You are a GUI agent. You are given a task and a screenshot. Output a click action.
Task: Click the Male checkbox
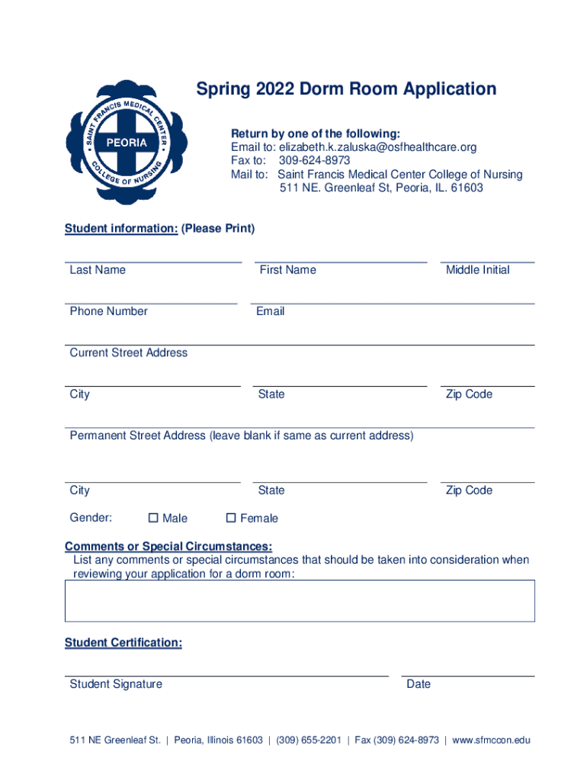(x=153, y=518)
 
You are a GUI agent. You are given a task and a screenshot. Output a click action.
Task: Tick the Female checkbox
(x=231, y=518)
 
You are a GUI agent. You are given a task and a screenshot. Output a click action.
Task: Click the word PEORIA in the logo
(x=127, y=143)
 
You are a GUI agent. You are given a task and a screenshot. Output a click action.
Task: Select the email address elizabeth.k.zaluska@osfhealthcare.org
(x=377, y=147)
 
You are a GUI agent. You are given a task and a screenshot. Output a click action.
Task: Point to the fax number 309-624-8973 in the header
(x=314, y=161)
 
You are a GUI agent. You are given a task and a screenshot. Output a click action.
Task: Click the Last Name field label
(x=98, y=270)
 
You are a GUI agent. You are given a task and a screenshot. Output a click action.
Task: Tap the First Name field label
(x=287, y=270)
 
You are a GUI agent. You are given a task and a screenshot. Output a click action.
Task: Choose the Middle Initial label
(x=477, y=270)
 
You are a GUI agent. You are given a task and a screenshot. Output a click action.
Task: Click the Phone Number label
(x=108, y=311)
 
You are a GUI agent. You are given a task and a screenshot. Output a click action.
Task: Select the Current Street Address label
(x=128, y=352)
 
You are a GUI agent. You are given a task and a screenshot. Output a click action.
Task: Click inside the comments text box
(x=300, y=600)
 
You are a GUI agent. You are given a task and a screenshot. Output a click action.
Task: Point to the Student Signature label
(x=116, y=684)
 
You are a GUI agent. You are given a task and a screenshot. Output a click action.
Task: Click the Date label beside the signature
(x=419, y=684)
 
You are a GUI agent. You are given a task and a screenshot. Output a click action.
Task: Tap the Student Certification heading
(x=123, y=643)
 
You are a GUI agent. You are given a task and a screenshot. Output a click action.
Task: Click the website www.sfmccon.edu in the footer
(x=491, y=740)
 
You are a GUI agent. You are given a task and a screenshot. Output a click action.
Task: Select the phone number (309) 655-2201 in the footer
(x=308, y=740)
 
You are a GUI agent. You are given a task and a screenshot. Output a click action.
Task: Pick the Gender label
(x=91, y=518)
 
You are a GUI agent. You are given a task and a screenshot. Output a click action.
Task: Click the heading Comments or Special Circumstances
(x=168, y=547)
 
